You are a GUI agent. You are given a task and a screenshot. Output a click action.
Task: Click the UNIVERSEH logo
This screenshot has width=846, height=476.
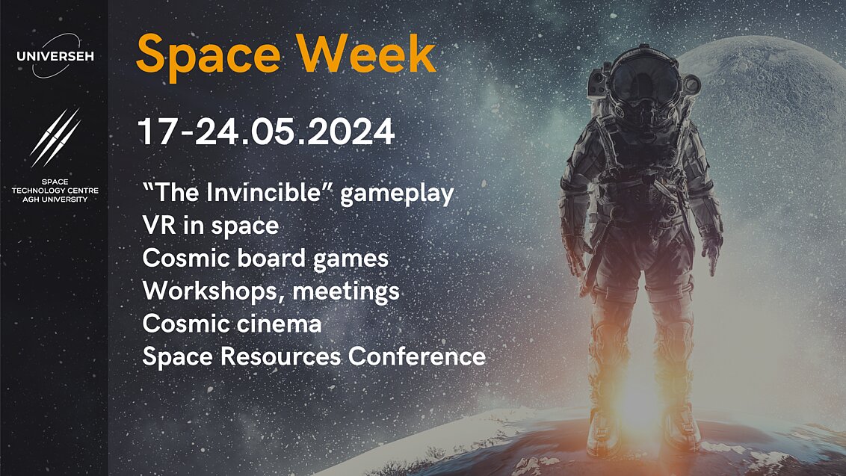pyautogui.click(x=55, y=55)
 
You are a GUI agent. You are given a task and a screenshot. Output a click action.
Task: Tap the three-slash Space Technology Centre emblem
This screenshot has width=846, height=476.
pyautogui.click(x=55, y=137)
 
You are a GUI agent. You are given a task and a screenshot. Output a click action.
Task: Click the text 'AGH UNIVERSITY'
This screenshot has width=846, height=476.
pyautogui.click(x=55, y=200)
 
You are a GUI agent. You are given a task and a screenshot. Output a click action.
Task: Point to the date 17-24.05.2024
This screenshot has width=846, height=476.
pyautogui.click(x=266, y=132)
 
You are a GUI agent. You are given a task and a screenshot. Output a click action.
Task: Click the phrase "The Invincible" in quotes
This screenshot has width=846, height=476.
pyautogui.click(x=238, y=194)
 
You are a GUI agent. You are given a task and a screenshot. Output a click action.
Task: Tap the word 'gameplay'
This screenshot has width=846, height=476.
pyautogui.click(x=398, y=195)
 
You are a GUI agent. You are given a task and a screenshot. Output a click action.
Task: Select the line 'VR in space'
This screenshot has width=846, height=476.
pyautogui.click(x=210, y=226)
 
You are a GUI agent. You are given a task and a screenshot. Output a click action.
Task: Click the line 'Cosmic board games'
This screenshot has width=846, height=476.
pyautogui.click(x=265, y=259)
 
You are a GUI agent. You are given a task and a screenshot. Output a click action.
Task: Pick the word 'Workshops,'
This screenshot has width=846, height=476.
pyautogui.click(x=214, y=291)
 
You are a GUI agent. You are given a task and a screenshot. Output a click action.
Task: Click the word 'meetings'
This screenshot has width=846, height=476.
pyautogui.click(x=346, y=291)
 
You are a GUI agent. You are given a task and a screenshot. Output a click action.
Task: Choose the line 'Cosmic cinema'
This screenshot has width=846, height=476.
pyautogui.click(x=232, y=324)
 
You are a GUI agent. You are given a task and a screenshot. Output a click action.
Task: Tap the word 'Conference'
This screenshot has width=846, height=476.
pyautogui.click(x=417, y=356)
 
